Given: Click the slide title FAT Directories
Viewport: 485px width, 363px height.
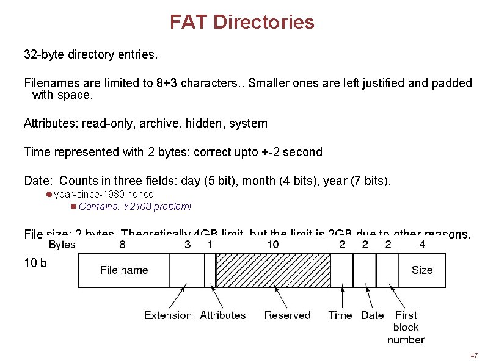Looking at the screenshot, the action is tap(242, 23).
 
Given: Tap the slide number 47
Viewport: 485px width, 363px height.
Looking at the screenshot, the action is tap(473, 356).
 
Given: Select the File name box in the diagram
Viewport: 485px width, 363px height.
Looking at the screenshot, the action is tap(124, 270).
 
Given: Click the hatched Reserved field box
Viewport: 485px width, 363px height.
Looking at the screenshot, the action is tap(273, 270).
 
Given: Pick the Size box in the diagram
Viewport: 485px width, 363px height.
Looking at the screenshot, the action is tap(421, 270).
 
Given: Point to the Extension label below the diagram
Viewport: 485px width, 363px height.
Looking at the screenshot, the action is tap(167, 315).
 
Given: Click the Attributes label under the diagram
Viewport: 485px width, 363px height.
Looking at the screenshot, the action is tap(222, 315).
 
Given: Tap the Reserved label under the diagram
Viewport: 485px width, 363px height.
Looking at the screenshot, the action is tap(287, 315).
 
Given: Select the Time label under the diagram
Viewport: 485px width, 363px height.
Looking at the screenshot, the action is tap(340, 315).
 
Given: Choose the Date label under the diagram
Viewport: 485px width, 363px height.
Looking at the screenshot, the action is tap(372, 315).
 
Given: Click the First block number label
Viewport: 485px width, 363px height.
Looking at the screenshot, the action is tap(406, 327).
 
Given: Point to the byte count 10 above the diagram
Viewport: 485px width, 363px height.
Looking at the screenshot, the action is tap(273, 245).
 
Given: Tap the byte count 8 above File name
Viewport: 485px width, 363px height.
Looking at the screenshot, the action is tap(123, 245).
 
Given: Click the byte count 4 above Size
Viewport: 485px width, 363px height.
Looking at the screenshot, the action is tap(422, 245).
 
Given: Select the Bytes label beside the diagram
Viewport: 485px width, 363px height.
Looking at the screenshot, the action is tap(62, 245).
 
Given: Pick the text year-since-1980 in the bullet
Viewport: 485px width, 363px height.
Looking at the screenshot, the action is tap(89, 195).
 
